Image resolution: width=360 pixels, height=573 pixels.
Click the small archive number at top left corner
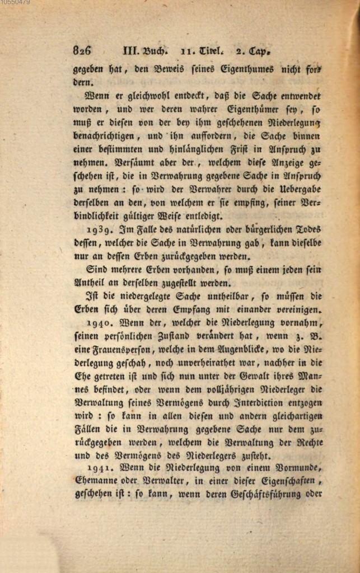(15, 3)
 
